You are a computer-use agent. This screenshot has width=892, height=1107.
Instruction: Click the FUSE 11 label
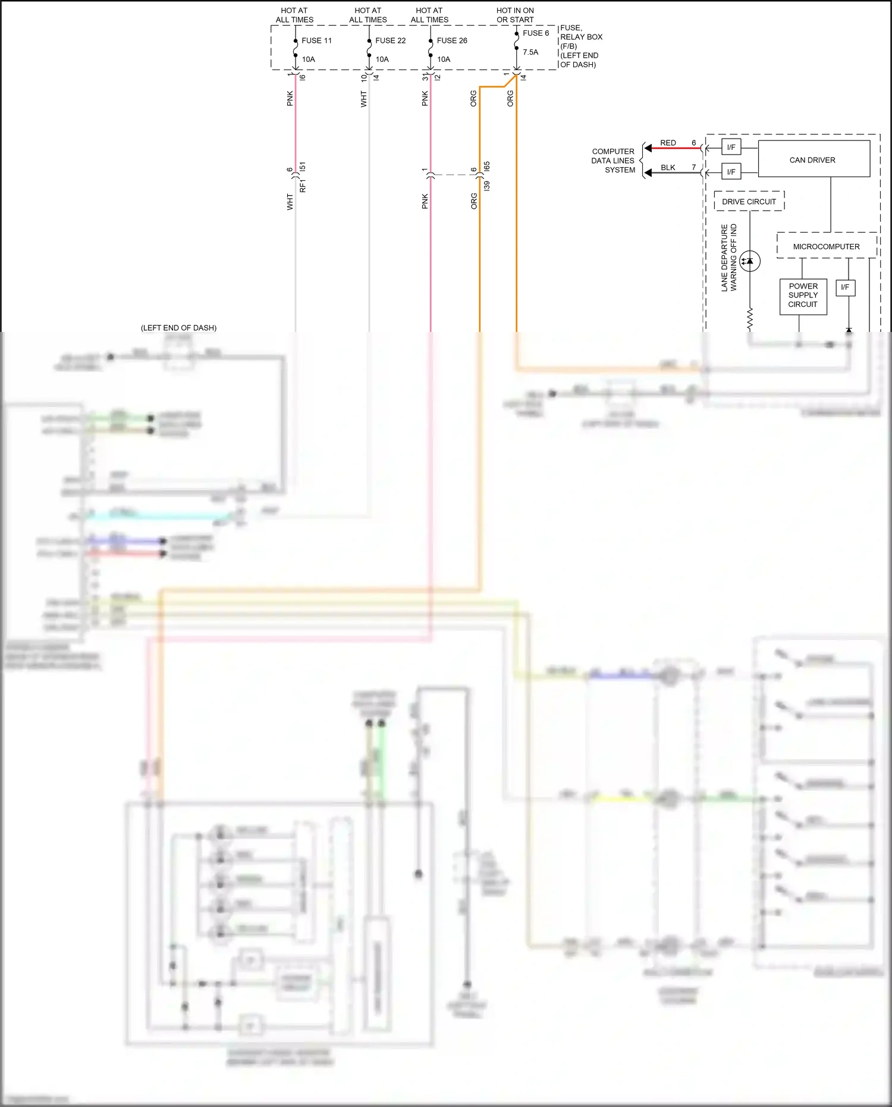click(x=316, y=40)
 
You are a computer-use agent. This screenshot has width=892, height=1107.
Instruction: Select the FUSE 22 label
click(x=390, y=40)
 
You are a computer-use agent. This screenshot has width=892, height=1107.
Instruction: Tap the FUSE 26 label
click(x=452, y=40)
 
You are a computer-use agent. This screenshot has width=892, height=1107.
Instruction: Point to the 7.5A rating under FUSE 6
click(x=530, y=52)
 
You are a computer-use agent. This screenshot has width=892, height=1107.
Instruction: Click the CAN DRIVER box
click(x=814, y=159)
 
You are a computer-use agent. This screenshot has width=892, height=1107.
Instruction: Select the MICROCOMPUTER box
click(x=826, y=246)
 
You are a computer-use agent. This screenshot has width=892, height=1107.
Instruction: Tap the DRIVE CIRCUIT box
click(x=749, y=202)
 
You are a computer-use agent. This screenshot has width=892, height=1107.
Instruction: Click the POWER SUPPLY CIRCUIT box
click(x=803, y=296)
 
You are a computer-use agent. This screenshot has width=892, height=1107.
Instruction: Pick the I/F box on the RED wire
click(x=731, y=148)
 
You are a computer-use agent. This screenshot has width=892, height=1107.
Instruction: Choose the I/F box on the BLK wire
click(x=731, y=172)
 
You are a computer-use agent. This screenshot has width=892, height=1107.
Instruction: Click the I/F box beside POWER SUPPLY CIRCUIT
click(x=845, y=288)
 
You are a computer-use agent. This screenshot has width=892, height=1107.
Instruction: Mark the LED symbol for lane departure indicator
click(x=750, y=261)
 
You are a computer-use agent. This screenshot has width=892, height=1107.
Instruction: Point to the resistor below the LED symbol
click(x=750, y=319)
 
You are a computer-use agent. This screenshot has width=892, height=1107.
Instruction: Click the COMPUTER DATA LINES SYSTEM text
click(x=613, y=161)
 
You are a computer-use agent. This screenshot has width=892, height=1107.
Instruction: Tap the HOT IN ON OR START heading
click(x=515, y=15)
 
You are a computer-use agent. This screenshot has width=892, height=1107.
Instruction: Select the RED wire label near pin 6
click(x=668, y=143)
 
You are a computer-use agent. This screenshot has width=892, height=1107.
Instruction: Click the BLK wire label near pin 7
click(x=668, y=168)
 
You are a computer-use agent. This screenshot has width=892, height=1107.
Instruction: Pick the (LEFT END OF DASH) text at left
click(x=178, y=328)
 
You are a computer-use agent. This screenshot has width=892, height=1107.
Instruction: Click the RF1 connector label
click(x=303, y=186)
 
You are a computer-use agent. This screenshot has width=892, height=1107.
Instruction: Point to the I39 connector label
click(x=487, y=186)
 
